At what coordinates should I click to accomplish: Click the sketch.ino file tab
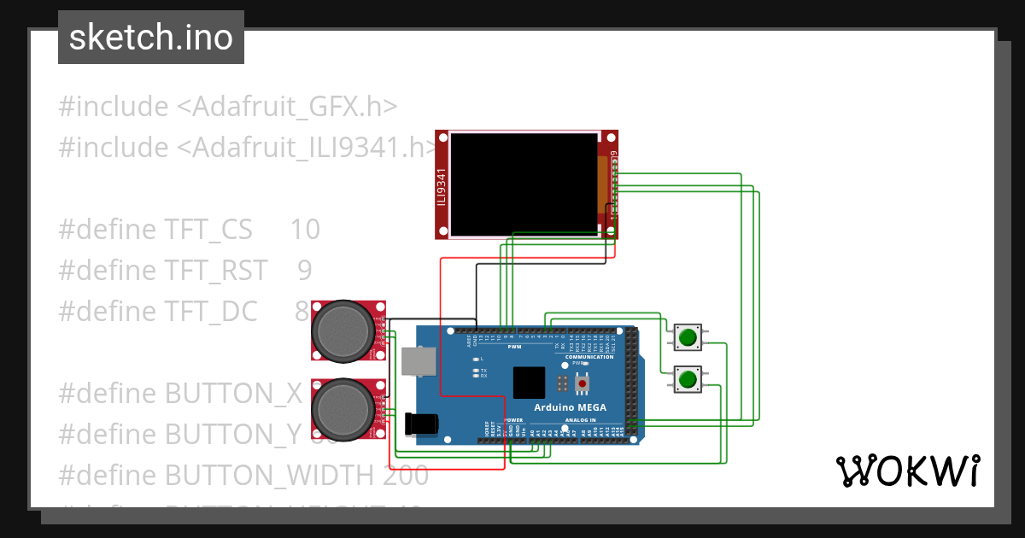[151, 38]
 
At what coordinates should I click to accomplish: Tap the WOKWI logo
[907, 471]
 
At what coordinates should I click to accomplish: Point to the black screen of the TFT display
[524, 184]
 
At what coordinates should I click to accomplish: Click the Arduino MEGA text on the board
[570, 407]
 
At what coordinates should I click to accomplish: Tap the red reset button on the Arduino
[583, 384]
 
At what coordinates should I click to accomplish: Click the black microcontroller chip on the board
[529, 383]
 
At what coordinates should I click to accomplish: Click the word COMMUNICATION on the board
[589, 357]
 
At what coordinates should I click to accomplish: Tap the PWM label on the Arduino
[514, 348]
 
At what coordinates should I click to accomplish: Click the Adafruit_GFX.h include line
[227, 107]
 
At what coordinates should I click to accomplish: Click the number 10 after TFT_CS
[304, 230]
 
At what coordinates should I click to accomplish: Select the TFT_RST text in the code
[216, 270]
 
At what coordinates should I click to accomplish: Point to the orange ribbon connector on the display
[602, 179]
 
